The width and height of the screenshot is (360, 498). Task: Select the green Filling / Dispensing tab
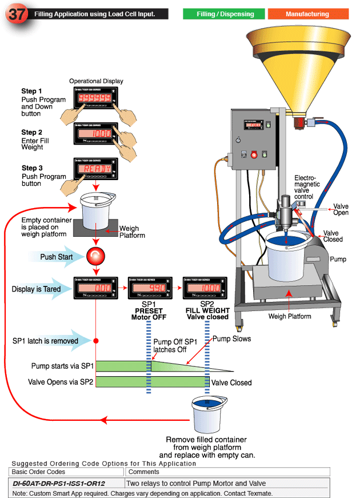(x=224, y=14)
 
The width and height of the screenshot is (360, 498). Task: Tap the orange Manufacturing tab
(x=307, y=14)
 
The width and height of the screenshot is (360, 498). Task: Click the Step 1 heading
(x=31, y=91)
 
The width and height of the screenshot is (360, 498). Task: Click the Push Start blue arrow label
(x=55, y=257)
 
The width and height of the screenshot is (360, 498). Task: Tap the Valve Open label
(x=341, y=210)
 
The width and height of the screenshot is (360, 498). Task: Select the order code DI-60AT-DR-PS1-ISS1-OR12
(x=59, y=483)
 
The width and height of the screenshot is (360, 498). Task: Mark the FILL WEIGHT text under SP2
(x=206, y=310)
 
